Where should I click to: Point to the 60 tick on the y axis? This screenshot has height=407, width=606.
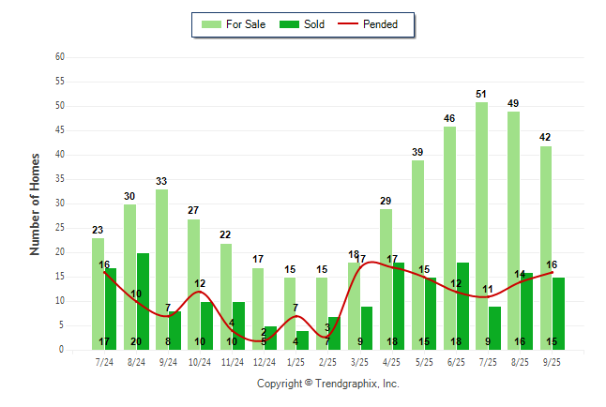(x=60, y=56)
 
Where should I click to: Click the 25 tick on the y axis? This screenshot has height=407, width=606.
(x=60, y=228)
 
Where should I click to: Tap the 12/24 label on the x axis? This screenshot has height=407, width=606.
(x=264, y=361)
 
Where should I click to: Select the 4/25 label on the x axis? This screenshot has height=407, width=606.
(x=392, y=361)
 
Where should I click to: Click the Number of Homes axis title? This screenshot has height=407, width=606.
(x=36, y=203)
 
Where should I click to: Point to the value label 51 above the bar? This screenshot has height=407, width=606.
(x=481, y=94)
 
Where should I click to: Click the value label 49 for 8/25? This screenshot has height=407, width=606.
(x=513, y=103)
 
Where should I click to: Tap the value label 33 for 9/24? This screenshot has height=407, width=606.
(x=161, y=181)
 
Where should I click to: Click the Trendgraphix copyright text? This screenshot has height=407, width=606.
(x=327, y=384)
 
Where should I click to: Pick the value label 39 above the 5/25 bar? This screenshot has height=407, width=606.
(x=417, y=152)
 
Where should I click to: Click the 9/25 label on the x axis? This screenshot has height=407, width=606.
(x=552, y=361)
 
